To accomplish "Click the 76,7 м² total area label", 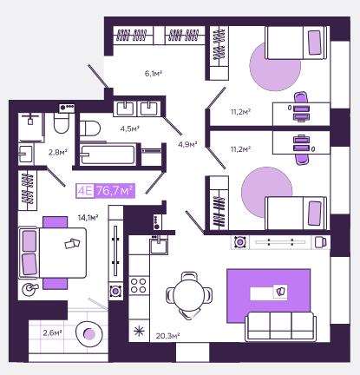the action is pos(115,191).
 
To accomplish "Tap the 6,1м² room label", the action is pos(154,74).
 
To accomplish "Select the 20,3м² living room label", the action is pos(167,336).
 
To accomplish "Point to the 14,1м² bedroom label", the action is pos(88,217).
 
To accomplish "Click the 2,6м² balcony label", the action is pos(52,332).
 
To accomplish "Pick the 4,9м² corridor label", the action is pos(187,144).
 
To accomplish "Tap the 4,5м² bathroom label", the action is pos(130,128).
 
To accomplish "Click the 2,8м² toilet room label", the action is pos(58,152).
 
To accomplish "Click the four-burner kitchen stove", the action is pos(139,286).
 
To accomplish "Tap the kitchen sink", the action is pos(159,246).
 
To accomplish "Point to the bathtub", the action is pos(108,155).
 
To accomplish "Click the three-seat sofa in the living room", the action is pos(280,326).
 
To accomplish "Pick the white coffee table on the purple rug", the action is pos(269,293).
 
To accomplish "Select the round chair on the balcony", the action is pos(89,334).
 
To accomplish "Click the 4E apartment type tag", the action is pos(85,191).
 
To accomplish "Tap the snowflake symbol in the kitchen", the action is pos(139,331).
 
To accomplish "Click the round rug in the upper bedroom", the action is pos(275,66).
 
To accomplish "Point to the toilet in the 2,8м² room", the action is pos(61,122).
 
